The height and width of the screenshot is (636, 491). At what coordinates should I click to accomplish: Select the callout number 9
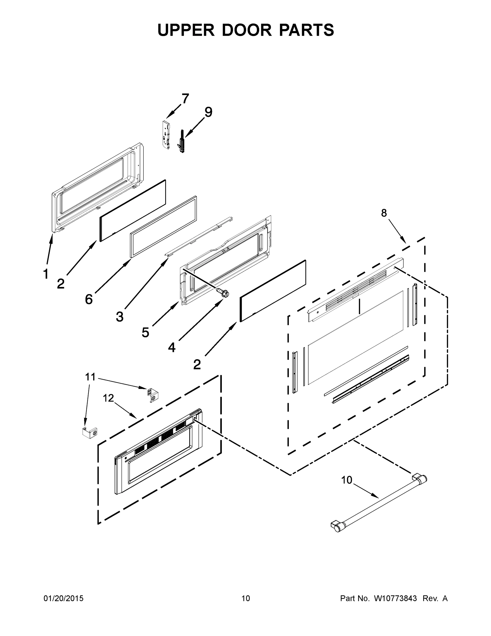pyautogui.click(x=208, y=112)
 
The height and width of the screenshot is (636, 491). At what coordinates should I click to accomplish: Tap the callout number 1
pyautogui.click(x=46, y=274)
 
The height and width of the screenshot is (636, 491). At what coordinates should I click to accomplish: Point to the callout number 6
pyautogui.click(x=89, y=299)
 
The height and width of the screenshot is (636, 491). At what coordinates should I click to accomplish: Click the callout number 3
pyautogui.click(x=120, y=317)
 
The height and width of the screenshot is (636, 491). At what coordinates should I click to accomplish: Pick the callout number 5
pyautogui.click(x=145, y=332)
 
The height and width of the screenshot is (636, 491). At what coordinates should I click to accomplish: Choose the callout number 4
pyautogui.click(x=172, y=347)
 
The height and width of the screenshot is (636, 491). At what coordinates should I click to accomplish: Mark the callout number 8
pyautogui.click(x=384, y=213)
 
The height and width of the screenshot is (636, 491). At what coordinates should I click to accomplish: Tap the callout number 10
pyautogui.click(x=346, y=480)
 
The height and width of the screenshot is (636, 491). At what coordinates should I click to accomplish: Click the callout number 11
pyautogui.click(x=90, y=377)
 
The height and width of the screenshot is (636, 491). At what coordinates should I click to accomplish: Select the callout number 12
pyautogui.click(x=108, y=398)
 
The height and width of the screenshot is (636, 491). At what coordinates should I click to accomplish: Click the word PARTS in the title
pyautogui.click(x=307, y=30)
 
